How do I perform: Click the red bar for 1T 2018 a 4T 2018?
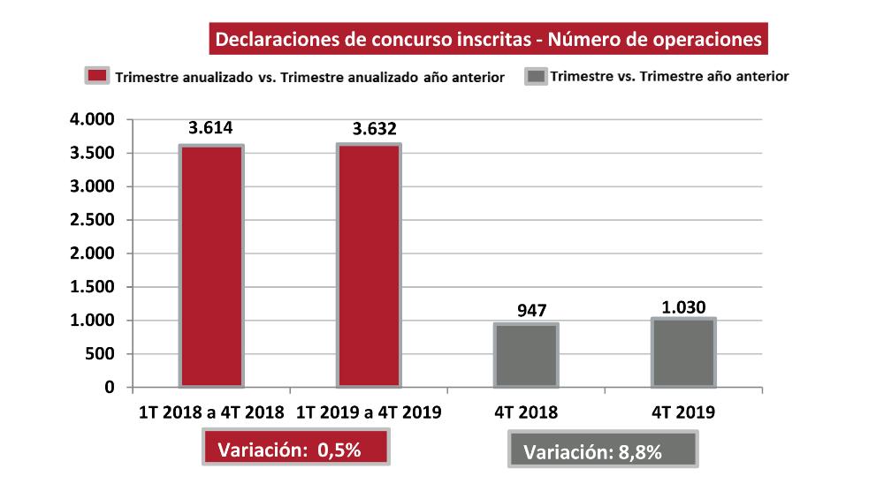(211, 266)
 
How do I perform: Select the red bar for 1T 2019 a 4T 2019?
(369, 265)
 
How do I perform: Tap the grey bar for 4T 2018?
(525, 355)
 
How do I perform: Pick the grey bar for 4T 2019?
(682, 352)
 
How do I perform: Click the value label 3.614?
(210, 128)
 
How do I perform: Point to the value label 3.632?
(368, 129)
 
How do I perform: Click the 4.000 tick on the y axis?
(91, 119)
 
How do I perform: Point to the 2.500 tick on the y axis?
(91, 220)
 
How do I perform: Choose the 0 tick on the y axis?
(109, 388)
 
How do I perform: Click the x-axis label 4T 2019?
(683, 412)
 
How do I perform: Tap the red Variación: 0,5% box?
(297, 449)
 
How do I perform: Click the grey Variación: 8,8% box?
(604, 451)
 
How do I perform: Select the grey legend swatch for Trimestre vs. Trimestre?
(536, 76)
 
